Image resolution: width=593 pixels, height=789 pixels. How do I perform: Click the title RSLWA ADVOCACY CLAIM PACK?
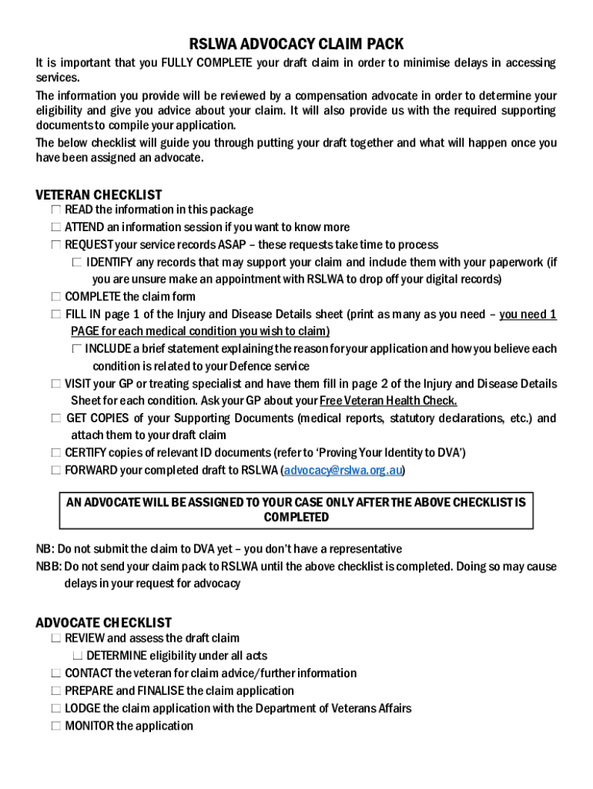pyautogui.click(x=296, y=45)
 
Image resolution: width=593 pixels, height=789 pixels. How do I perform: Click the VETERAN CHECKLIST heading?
pyautogui.click(x=99, y=195)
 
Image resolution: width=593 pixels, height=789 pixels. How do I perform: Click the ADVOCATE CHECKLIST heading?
pyautogui.click(x=103, y=623)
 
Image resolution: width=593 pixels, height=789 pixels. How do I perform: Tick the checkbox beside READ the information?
pyautogui.click(x=56, y=210)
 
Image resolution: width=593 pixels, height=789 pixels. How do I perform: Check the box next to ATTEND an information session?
pyautogui.click(x=56, y=227)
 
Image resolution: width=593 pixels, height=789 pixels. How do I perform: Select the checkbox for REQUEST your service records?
pyautogui.click(x=56, y=245)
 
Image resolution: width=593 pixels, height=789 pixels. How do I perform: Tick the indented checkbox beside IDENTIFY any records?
pyautogui.click(x=77, y=262)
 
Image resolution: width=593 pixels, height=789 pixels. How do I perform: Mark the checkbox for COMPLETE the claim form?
pyautogui.click(x=56, y=297)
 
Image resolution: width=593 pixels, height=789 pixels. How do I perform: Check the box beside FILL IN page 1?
pyautogui.click(x=56, y=314)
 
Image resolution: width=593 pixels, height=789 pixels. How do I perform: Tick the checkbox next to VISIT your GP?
pyautogui.click(x=56, y=384)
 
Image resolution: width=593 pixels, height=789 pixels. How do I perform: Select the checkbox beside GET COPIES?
pyautogui.click(x=56, y=418)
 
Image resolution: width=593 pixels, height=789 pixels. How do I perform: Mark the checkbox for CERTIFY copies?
pyautogui.click(x=56, y=453)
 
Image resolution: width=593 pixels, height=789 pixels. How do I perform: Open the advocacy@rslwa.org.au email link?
pyautogui.click(x=343, y=470)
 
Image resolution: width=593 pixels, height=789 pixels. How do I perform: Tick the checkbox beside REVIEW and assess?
pyautogui.click(x=56, y=639)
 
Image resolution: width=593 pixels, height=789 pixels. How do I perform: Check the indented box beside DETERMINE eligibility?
pyautogui.click(x=77, y=656)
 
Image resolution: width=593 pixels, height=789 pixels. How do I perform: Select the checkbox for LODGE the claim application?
pyautogui.click(x=56, y=708)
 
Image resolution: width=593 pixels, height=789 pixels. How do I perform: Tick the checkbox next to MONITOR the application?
pyautogui.click(x=56, y=726)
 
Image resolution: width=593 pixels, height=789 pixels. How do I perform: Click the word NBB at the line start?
pyautogui.click(x=48, y=566)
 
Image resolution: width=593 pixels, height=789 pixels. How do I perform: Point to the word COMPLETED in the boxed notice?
pyautogui.click(x=296, y=517)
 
